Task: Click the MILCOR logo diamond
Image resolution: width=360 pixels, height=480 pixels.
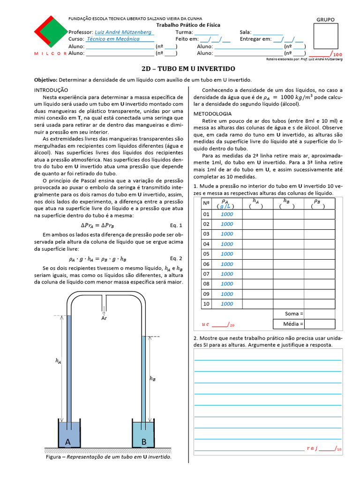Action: [x=50, y=32]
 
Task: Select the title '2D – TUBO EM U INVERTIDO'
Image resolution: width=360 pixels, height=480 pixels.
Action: [x=188, y=68]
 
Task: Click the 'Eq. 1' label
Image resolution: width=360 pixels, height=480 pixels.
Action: [x=176, y=225]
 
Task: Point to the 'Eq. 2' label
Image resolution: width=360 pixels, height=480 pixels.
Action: [x=176, y=258]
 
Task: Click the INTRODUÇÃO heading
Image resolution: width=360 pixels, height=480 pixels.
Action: [x=52, y=90]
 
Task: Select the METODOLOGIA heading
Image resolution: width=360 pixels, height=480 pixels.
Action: [x=212, y=114]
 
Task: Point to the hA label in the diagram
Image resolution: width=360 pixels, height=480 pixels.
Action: [x=58, y=361]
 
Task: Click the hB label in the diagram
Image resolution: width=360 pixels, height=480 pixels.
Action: [x=152, y=379]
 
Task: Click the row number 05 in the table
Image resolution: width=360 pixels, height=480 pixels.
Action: [x=205, y=254]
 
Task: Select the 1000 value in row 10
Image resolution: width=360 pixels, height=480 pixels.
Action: [x=227, y=304]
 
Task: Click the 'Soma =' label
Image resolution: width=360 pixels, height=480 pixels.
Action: [x=294, y=314]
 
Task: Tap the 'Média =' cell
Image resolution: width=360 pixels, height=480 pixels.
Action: [x=293, y=324]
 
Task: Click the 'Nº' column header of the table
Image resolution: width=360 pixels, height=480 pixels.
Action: [x=205, y=203]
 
